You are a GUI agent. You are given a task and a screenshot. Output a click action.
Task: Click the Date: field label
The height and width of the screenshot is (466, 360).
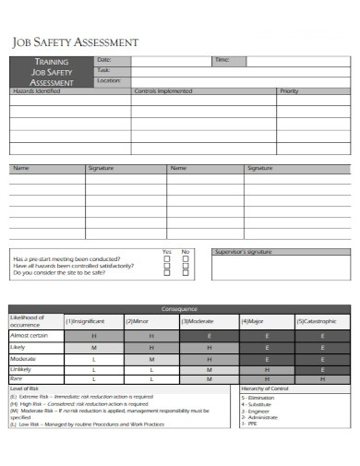(102, 60)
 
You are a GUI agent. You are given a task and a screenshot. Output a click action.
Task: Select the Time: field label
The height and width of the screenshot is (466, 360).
(222, 60)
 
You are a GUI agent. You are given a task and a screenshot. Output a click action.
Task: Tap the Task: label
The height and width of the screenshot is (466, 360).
(102, 70)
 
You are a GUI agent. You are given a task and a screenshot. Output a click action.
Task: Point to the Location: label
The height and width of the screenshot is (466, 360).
(108, 81)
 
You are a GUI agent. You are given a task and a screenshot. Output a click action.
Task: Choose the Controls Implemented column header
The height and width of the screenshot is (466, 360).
(163, 91)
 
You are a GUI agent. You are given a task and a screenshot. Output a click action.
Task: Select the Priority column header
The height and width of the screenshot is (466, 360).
(289, 91)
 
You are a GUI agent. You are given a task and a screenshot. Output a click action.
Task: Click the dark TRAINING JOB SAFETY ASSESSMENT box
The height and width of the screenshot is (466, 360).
(51, 71)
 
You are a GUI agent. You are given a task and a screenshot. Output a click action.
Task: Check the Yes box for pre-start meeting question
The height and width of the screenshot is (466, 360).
(167, 259)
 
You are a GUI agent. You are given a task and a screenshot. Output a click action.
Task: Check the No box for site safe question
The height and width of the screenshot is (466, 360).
(186, 272)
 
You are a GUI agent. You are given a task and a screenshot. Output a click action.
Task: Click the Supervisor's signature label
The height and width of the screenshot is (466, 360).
(244, 251)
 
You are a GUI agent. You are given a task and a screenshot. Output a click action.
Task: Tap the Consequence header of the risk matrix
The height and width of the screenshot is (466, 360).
(180, 308)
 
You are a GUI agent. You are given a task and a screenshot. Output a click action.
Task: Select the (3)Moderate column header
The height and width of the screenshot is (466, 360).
(197, 321)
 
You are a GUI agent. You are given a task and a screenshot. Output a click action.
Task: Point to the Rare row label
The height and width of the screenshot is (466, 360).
(17, 378)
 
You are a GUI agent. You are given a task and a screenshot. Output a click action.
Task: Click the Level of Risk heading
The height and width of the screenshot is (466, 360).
(25, 388)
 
